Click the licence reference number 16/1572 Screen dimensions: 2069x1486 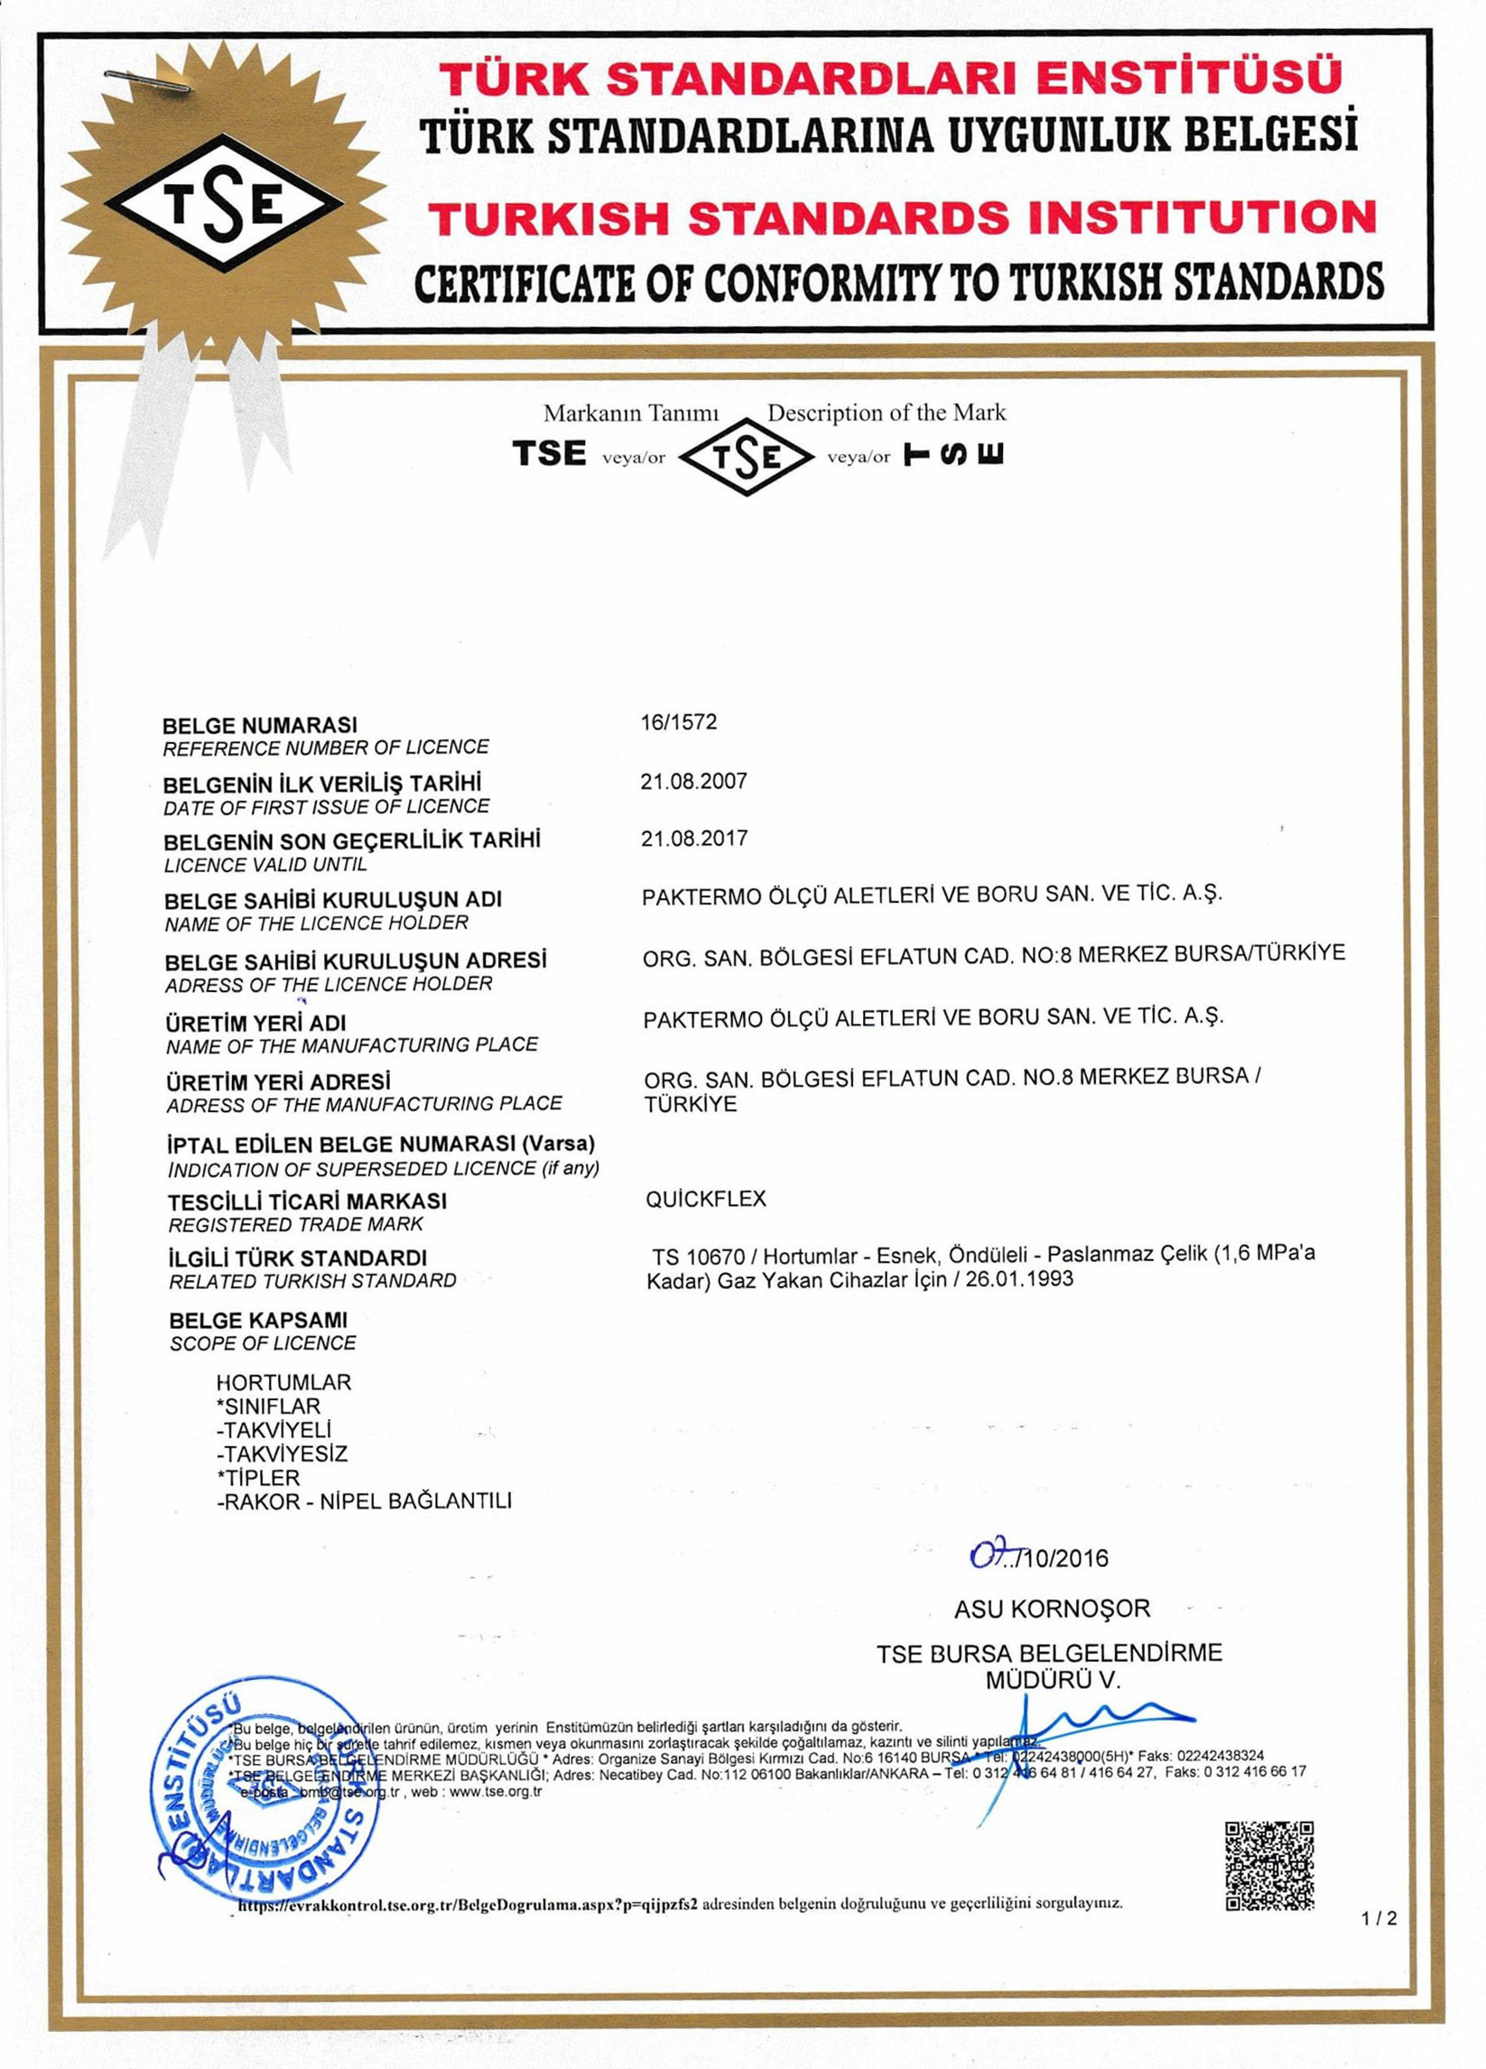tap(679, 722)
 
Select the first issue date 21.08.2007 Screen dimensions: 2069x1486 tap(693, 781)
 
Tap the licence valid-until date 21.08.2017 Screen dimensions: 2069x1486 tap(693, 839)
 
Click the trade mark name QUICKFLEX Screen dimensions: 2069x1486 tap(706, 1199)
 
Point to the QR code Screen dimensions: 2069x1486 tap(1269, 1866)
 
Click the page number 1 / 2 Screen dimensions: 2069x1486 tap(1379, 1918)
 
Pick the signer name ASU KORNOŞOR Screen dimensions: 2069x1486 tap(1052, 1609)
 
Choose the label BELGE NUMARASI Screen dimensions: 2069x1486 tap(260, 725)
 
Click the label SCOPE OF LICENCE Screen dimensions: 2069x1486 tap(263, 1343)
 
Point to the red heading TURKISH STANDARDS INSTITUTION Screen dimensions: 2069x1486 tap(901, 219)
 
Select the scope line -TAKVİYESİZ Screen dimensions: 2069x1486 tap(282, 1453)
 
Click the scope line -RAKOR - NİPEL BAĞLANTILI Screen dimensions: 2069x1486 tap(364, 1501)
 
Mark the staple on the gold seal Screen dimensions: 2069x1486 tap(146, 79)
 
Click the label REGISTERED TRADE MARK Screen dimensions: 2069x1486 tap(295, 1224)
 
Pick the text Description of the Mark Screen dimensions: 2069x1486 tap(886, 413)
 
